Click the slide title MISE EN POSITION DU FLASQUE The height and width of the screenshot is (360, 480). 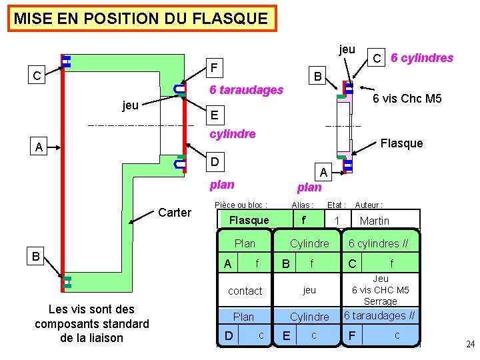click(x=141, y=19)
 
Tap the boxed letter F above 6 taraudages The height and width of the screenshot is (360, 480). click(x=213, y=67)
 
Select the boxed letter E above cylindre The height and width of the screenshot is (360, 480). click(x=213, y=115)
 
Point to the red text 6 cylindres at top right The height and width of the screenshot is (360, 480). click(x=421, y=58)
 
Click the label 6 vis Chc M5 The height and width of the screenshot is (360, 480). click(x=407, y=99)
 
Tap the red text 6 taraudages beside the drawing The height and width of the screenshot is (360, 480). click(x=246, y=90)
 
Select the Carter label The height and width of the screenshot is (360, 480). click(x=175, y=213)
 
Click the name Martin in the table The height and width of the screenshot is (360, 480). click(x=374, y=221)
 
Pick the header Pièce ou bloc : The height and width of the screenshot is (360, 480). click(x=241, y=205)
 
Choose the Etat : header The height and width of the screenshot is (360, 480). click(x=336, y=205)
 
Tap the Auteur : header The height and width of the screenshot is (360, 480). click(x=369, y=205)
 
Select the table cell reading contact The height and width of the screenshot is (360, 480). click(x=245, y=291)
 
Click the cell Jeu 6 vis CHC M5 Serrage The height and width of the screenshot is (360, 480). click(x=381, y=290)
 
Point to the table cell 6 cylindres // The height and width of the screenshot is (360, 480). click(x=379, y=243)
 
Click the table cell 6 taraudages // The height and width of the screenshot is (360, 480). click(x=379, y=315)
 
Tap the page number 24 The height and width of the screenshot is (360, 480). click(x=470, y=345)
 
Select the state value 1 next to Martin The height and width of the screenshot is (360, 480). click(x=337, y=221)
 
